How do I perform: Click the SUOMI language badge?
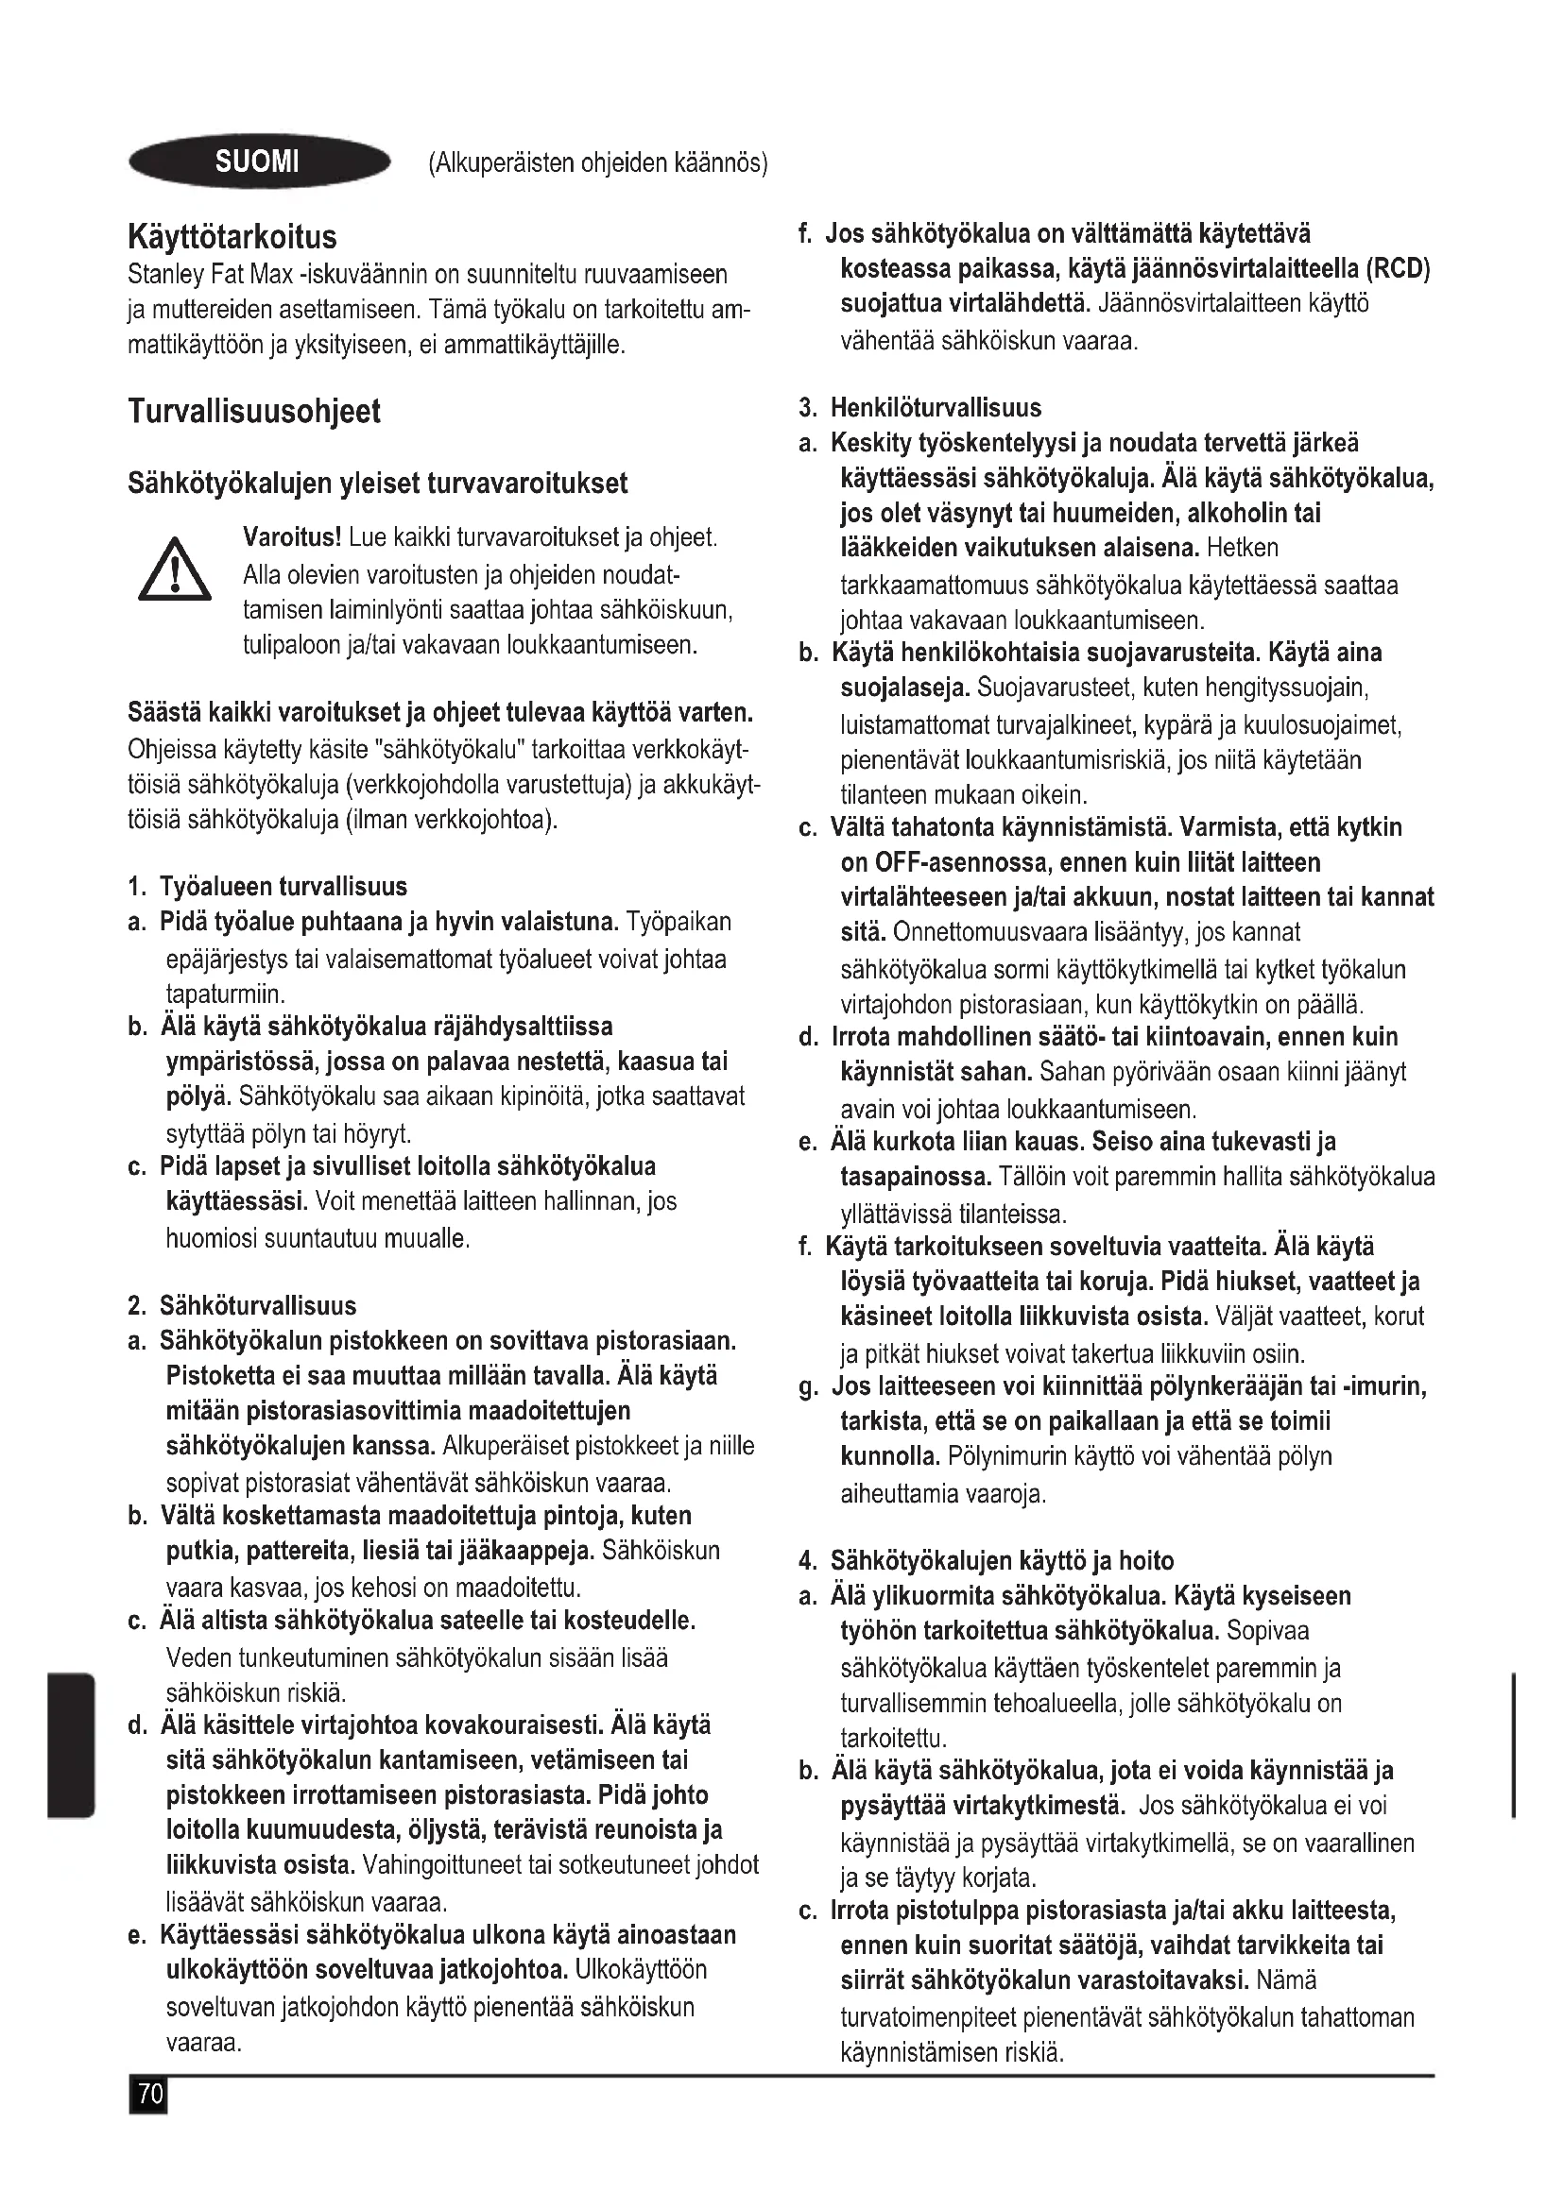click(x=258, y=161)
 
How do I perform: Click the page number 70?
click(x=148, y=2096)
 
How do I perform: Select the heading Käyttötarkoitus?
click(x=232, y=236)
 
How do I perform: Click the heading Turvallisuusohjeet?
click(x=254, y=412)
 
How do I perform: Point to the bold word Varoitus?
click(x=293, y=535)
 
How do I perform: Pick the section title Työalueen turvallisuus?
click(x=283, y=886)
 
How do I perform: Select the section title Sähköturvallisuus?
click(x=257, y=1305)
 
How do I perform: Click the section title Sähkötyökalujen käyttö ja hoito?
click(x=1002, y=1560)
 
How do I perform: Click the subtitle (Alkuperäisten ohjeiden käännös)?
click(x=597, y=162)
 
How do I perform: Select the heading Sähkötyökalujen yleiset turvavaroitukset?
click(x=377, y=483)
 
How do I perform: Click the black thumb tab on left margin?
click(x=71, y=1746)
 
